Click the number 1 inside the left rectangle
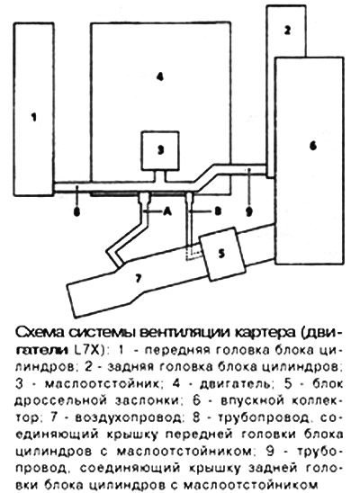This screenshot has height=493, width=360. coord(34,117)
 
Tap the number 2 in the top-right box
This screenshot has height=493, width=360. coord(287,31)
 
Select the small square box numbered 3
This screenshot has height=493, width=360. coord(160,151)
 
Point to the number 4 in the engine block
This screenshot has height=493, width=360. coord(160,76)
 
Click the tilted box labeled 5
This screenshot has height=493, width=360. coord(222,254)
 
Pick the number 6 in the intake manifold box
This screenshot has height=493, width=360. coord(313,146)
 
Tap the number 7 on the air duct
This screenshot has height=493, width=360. coord(138,279)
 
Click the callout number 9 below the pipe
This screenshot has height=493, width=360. coord(248,212)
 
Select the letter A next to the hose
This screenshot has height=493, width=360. coord(167,212)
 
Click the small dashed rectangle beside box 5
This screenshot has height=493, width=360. coord(193,253)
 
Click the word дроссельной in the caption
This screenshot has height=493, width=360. coord(58,401)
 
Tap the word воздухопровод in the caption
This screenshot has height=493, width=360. coord(129,417)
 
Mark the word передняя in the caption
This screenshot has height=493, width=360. coord(177,350)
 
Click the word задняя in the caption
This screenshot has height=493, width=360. coord(130,367)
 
